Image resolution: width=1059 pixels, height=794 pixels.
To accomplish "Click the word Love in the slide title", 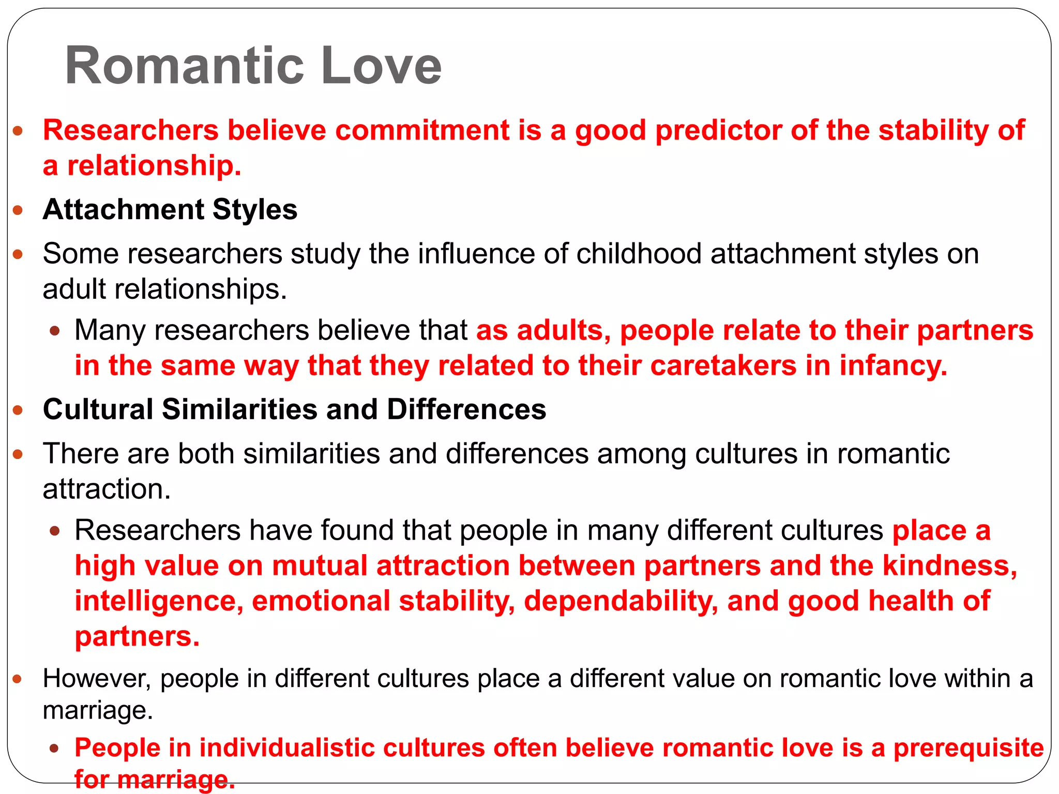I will [x=381, y=66].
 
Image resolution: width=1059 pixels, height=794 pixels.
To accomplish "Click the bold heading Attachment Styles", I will [x=170, y=209].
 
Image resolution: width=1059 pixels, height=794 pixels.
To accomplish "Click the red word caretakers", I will [x=723, y=365].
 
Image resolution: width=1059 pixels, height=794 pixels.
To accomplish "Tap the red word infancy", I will [x=893, y=365].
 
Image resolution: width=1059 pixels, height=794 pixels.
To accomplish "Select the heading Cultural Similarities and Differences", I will [x=294, y=409].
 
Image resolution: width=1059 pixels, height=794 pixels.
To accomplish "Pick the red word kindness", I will [x=949, y=566].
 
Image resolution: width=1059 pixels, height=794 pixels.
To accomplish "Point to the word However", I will [x=97, y=678].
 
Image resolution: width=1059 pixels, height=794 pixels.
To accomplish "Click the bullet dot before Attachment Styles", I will [x=18, y=210].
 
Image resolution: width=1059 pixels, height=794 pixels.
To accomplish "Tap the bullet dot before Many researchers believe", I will [x=55, y=331].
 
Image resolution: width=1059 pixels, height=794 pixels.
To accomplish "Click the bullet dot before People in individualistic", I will [x=55, y=749].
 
